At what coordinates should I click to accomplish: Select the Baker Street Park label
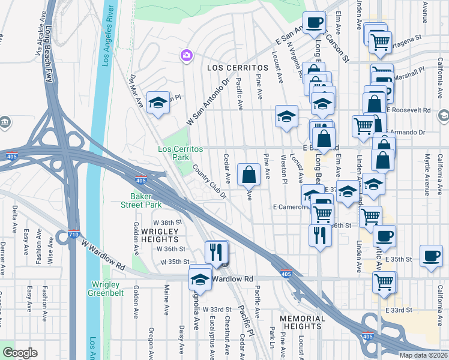pyautogui.click(x=147, y=200)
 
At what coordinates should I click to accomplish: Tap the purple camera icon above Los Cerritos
pyautogui.click(x=187, y=56)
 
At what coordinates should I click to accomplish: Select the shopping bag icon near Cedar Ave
pyautogui.click(x=249, y=175)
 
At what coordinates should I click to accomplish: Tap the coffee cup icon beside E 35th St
pyautogui.click(x=431, y=256)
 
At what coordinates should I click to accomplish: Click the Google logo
pyautogui.click(x=20, y=352)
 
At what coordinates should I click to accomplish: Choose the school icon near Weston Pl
pyautogui.click(x=287, y=116)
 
